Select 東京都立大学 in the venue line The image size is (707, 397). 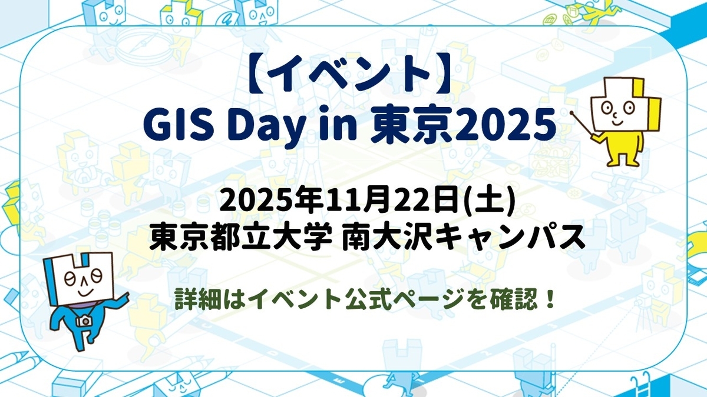tap(236, 240)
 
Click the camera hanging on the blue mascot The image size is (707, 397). tap(84, 321)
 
